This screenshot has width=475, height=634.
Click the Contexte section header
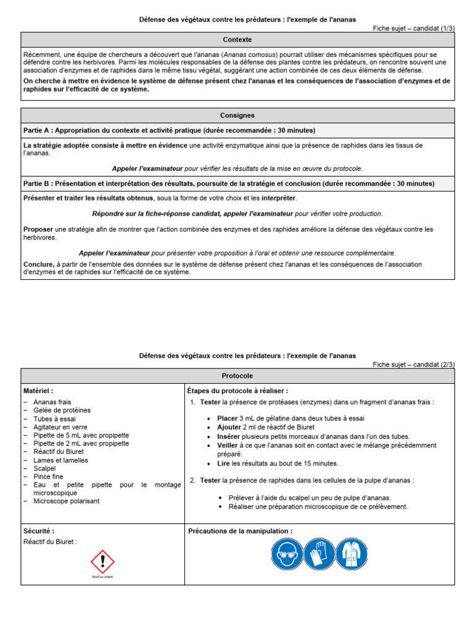click(x=237, y=40)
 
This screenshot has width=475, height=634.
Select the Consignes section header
click(x=237, y=116)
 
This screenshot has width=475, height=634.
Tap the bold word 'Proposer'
click(x=38, y=230)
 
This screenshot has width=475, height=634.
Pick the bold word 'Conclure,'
click(x=39, y=264)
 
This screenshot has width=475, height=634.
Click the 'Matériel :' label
click(x=38, y=391)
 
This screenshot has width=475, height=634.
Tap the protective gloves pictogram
click(x=319, y=554)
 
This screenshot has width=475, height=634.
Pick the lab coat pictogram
click(x=352, y=554)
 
